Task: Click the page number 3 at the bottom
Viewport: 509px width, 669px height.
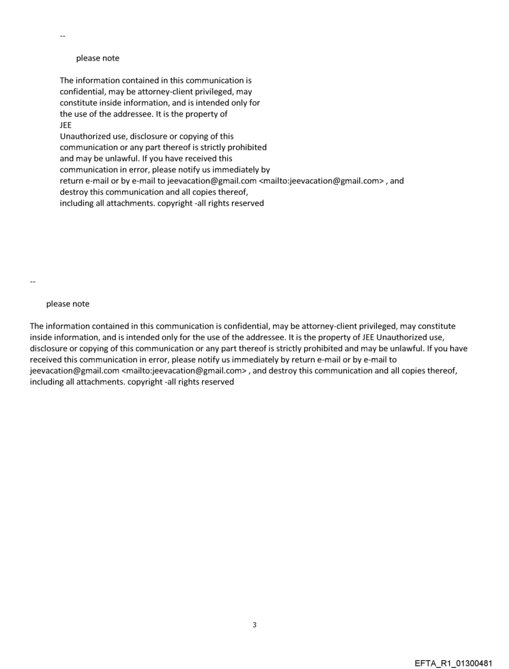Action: click(x=254, y=625)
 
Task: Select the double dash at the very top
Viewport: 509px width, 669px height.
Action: click(x=62, y=36)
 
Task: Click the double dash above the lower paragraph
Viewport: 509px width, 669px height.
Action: click(x=33, y=282)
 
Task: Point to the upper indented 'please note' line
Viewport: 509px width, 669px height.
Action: click(x=97, y=59)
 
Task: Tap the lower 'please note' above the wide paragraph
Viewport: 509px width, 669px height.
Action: click(x=67, y=304)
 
